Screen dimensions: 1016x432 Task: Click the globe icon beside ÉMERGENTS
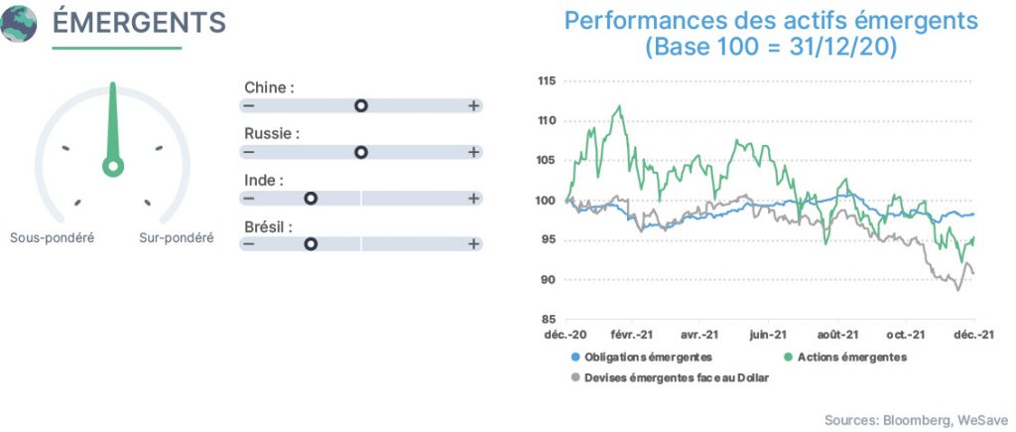click(x=19, y=24)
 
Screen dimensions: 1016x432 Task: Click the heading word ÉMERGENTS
click(x=139, y=24)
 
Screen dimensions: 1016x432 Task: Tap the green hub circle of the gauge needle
click(x=113, y=166)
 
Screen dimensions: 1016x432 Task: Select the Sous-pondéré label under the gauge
click(x=52, y=238)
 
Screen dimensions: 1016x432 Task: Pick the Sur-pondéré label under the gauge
click(x=177, y=238)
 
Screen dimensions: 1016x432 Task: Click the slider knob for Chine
click(x=361, y=105)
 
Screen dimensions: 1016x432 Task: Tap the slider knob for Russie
click(x=361, y=152)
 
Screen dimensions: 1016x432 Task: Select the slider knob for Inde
click(x=311, y=199)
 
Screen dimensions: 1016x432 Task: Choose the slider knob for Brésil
click(x=311, y=244)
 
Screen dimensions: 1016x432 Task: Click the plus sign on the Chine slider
click(x=473, y=105)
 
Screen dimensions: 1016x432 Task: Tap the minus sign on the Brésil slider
click(x=249, y=244)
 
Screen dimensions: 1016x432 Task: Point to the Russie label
click(x=272, y=134)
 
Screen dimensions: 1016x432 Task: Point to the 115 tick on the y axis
click(x=547, y=81)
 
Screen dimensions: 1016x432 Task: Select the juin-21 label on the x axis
click(x=768, y=335)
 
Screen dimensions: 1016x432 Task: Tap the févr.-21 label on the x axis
click(x=632, y=335)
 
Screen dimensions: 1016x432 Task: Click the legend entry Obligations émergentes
click(x=642, y=358)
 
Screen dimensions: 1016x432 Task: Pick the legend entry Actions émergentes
click(x=845, y=358)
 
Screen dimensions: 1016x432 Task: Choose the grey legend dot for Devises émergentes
click(x=574, y=377)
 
